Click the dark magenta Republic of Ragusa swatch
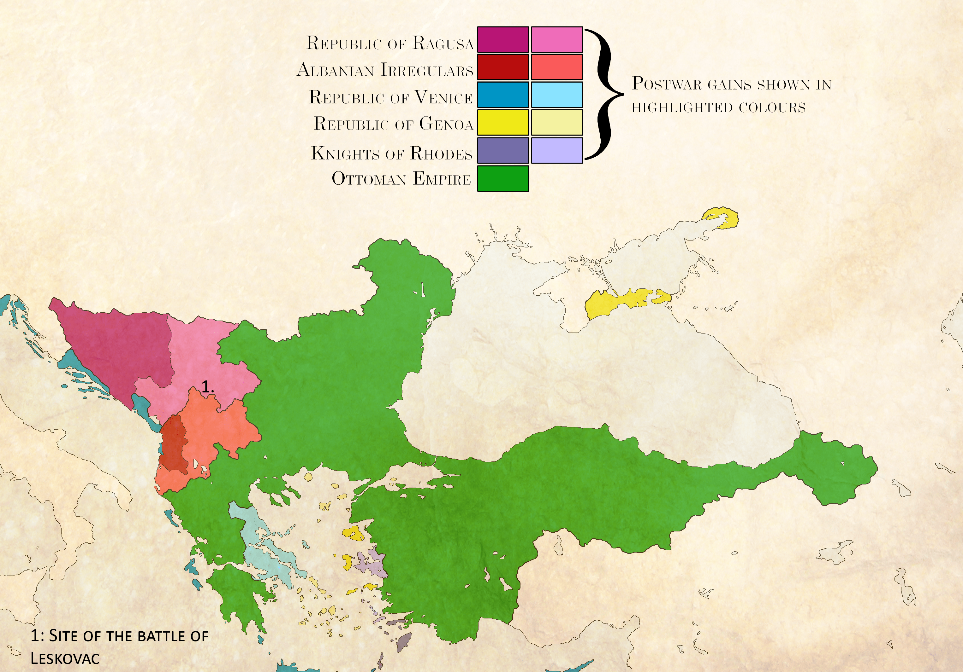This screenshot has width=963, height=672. [503, 39]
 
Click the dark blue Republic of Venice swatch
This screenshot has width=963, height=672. [503, 95]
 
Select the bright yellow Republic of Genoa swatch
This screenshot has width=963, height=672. [503, 122]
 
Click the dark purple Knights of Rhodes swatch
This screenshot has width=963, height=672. [503, 150]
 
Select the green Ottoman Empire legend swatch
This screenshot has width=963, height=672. [503, 178]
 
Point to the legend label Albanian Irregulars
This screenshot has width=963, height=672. [385, 70]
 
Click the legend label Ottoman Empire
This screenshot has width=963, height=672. [401, 179]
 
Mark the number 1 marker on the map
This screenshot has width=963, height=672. [207, 387]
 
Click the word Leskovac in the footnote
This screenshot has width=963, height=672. [65, 658]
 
